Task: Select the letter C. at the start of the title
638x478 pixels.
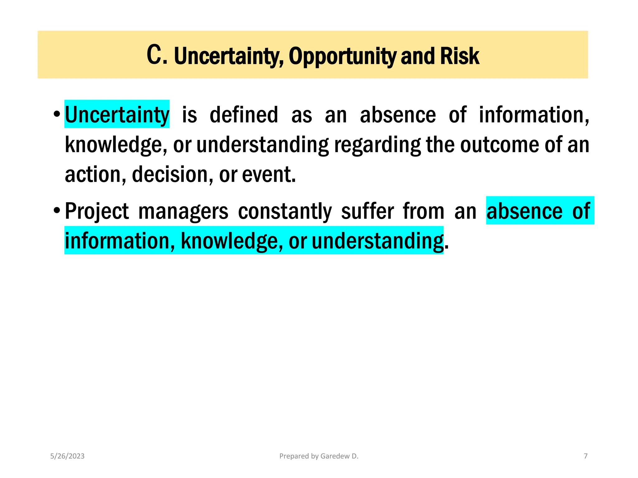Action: tap(157, 55)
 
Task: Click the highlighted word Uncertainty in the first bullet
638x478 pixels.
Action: tap(117, 115)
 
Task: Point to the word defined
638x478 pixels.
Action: tap(244, 115)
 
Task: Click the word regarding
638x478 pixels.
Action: tap(377, 145)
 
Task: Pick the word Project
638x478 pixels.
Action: tap(97, 211)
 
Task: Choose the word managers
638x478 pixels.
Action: tap(183, 211)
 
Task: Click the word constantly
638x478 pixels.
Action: tap(285, 211)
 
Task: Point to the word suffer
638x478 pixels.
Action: tap(368, 211)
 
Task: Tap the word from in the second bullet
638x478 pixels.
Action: tap(424, 211)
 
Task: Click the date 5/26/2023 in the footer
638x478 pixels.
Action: tap(67, 456)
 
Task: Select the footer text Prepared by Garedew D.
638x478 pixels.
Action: tap(319, 456)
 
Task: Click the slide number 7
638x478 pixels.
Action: tap(586, 456)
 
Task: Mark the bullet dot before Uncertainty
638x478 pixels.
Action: tap(56, 114)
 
